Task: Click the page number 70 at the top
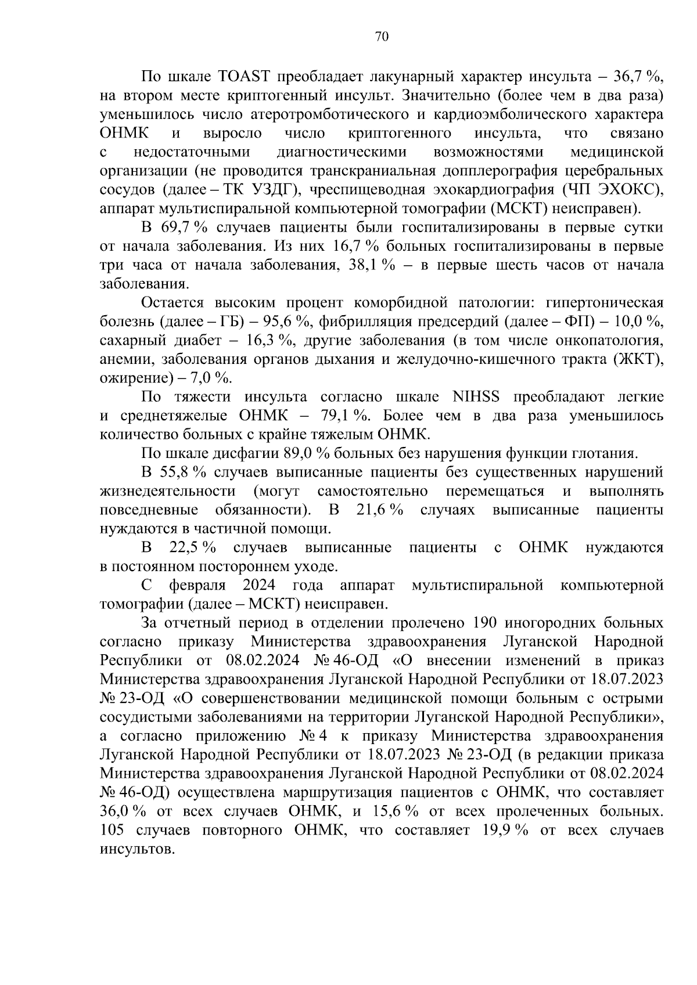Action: point(382,37)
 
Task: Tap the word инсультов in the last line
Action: point(136,849)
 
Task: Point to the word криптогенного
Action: point(400,134)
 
